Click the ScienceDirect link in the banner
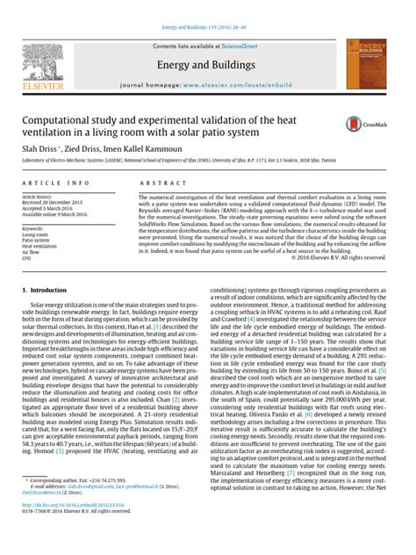pos(244,45)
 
